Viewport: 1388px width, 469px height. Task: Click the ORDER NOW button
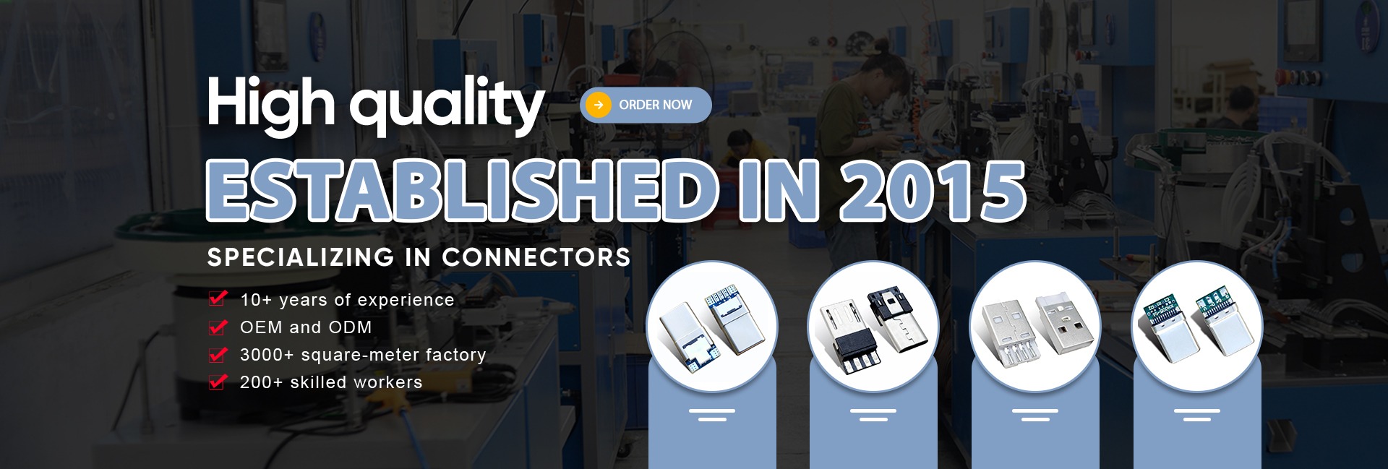(646, 105)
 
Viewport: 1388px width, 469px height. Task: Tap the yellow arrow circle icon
(599, 105)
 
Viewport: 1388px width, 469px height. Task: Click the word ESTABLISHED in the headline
(463, 190)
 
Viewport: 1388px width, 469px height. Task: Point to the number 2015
(933, 190)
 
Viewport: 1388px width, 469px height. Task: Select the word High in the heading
(271, 106)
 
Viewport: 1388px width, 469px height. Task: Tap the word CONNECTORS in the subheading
(536, 257)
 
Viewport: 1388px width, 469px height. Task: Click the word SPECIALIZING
(301, 257)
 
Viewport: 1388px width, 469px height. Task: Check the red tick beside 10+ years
(218, 298)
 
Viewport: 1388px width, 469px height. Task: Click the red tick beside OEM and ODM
(218, 327)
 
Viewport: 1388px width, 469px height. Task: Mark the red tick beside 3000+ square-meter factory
(218, 354)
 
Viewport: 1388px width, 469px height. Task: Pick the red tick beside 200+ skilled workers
(218, 382)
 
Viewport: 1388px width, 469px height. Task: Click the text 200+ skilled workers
(331, 382)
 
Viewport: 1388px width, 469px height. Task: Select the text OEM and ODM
(306, 327)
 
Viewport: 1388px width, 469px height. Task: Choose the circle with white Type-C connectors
(712, 327)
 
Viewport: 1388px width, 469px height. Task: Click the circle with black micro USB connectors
(873, 327)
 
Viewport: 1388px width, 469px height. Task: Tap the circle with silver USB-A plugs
(1035, 327)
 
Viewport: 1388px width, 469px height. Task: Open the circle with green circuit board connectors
(1197, 327)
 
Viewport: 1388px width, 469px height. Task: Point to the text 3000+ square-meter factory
(363, 355)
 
